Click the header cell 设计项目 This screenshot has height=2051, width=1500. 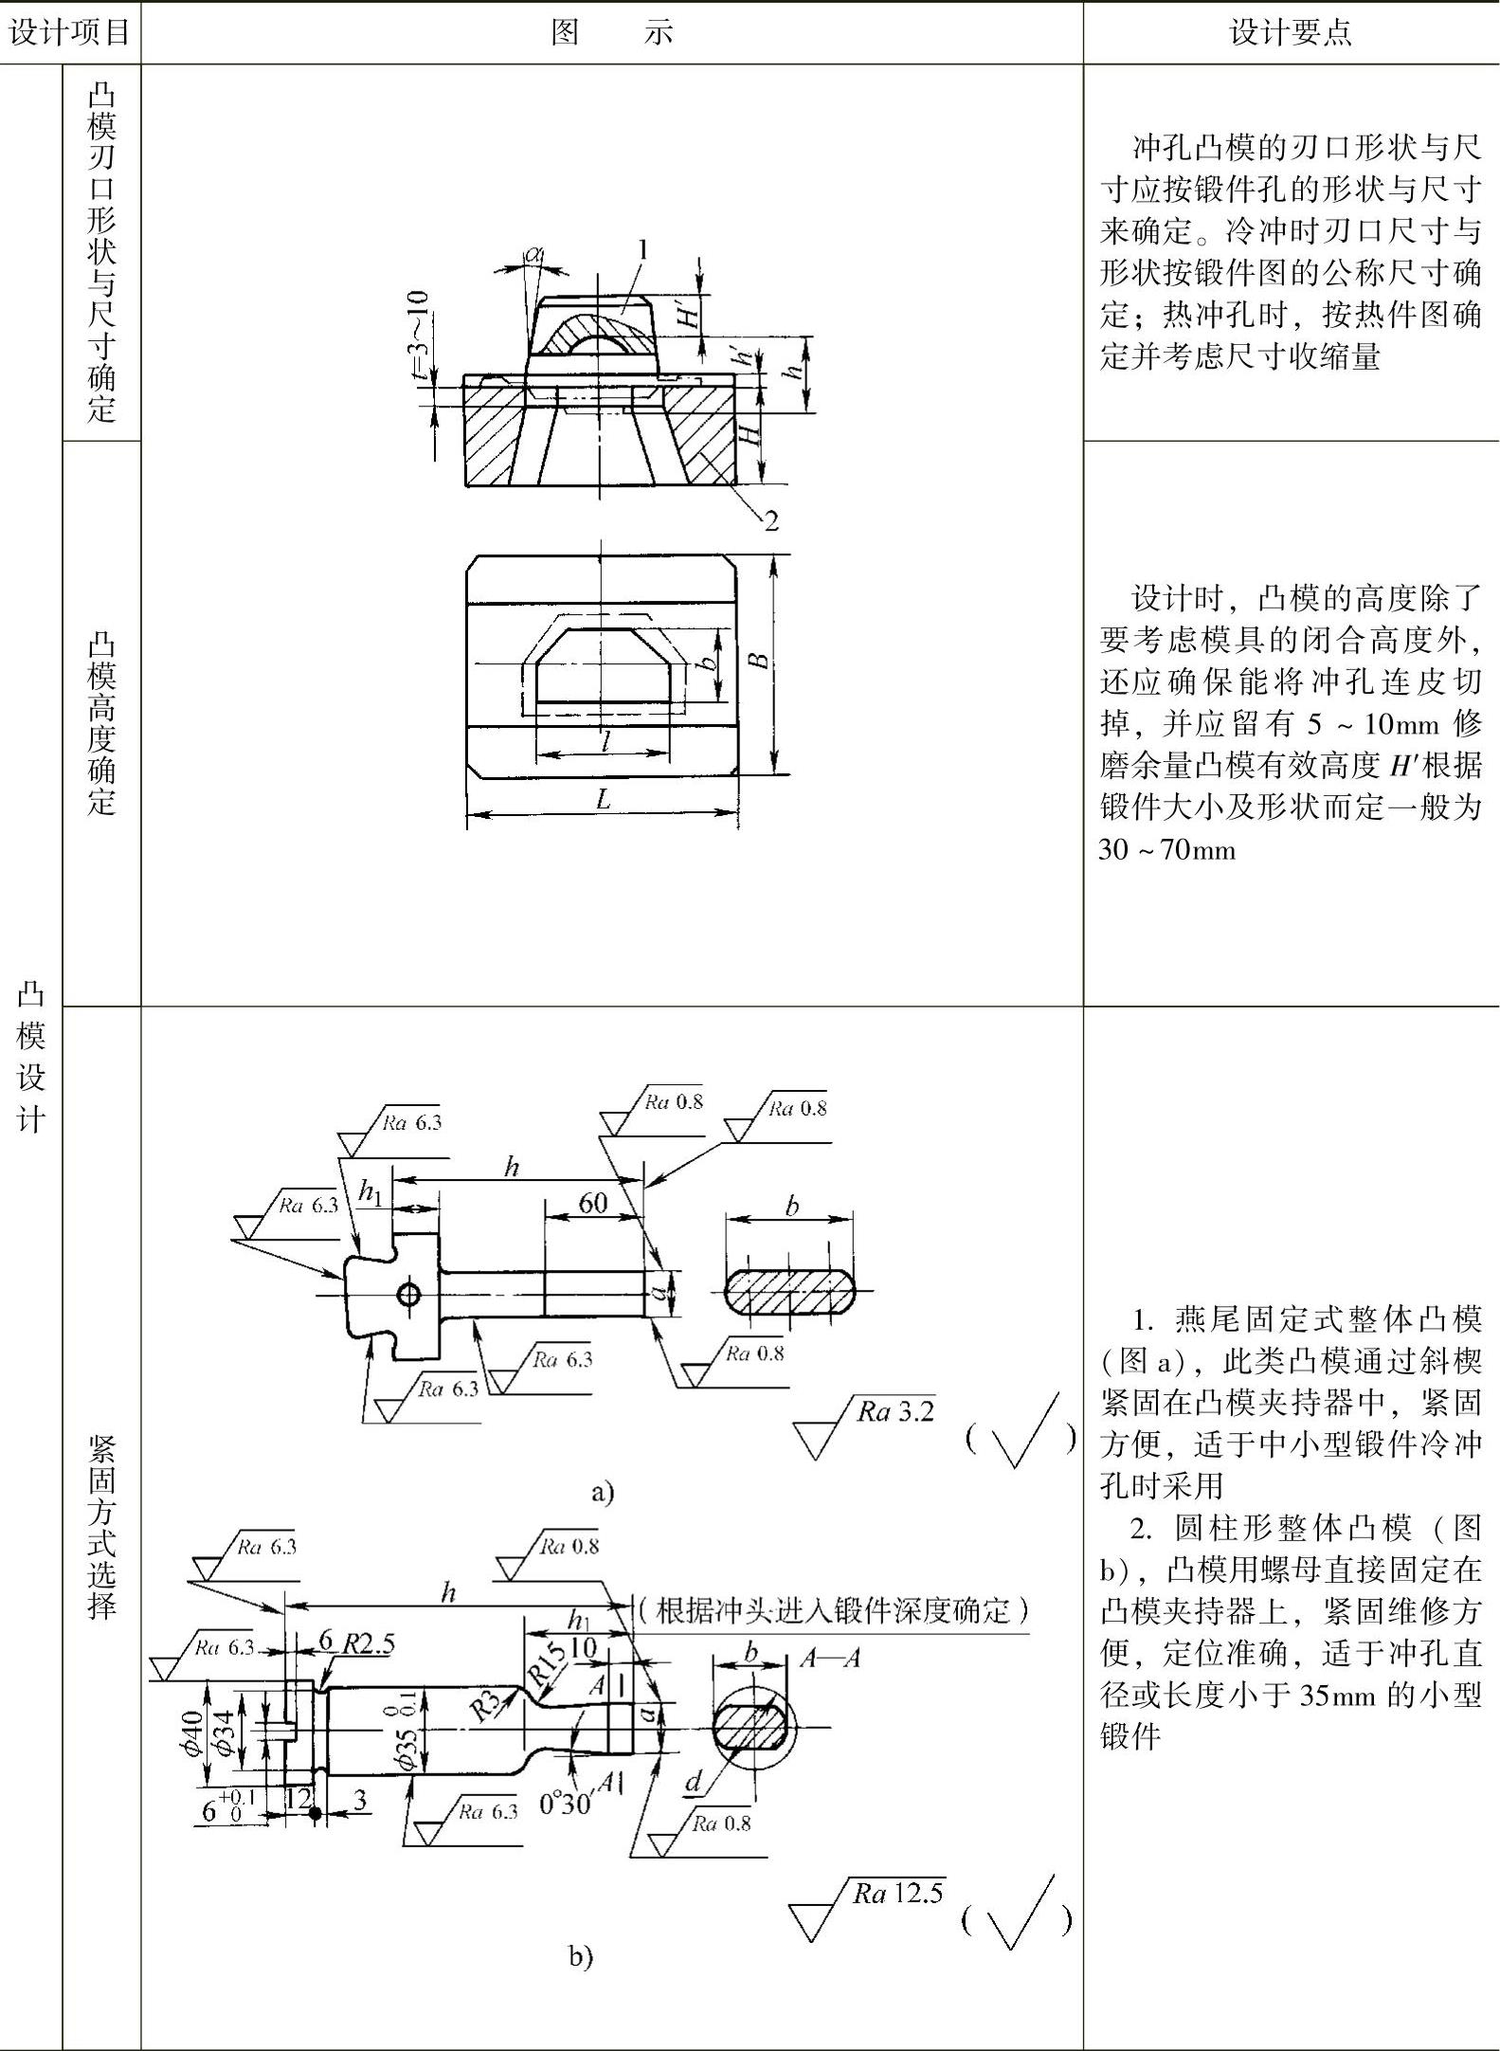[x=69, y=32]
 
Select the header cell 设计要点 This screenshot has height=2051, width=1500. [x=1291, y=32]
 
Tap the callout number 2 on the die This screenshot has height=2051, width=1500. [x=771, y=520]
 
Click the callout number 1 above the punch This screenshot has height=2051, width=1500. [x=643, y=250]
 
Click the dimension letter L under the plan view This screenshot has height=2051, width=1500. [x=603, y=799]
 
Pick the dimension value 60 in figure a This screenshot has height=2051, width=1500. [x=593, y=1203]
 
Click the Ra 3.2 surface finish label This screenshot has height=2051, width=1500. [x=895, y=1411]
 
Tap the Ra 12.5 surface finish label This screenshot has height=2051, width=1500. [x=897, y=1892]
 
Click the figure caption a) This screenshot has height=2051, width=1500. [x=603, y=1493]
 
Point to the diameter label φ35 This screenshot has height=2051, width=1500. [x=405, y=1739]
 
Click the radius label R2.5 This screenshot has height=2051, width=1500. [x=369, y=1643]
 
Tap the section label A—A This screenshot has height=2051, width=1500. [x=830, y=1658]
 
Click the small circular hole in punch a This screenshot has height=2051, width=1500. [x=409, y=1293]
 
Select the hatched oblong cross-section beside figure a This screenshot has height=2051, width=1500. [x=790, y=1291]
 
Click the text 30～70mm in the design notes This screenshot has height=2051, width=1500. [x=1167, y=849]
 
